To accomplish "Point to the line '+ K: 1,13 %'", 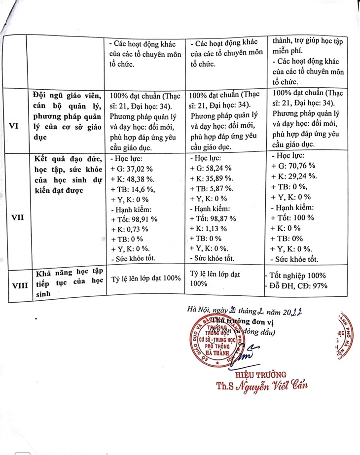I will (209, 228).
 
